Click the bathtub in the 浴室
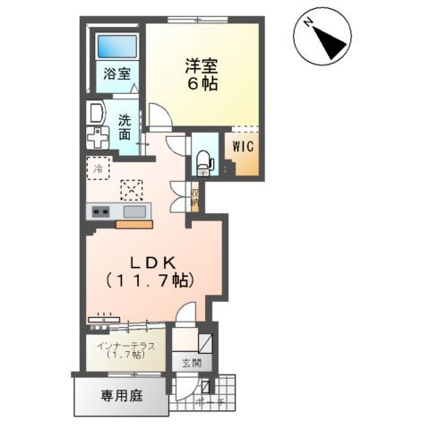click(x=116, y=47)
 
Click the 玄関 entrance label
click(x=191, y=364)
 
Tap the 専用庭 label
click(x=118, y=394)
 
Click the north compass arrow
click(x=323, y=36)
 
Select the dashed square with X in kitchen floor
click(x=132, y=189)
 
